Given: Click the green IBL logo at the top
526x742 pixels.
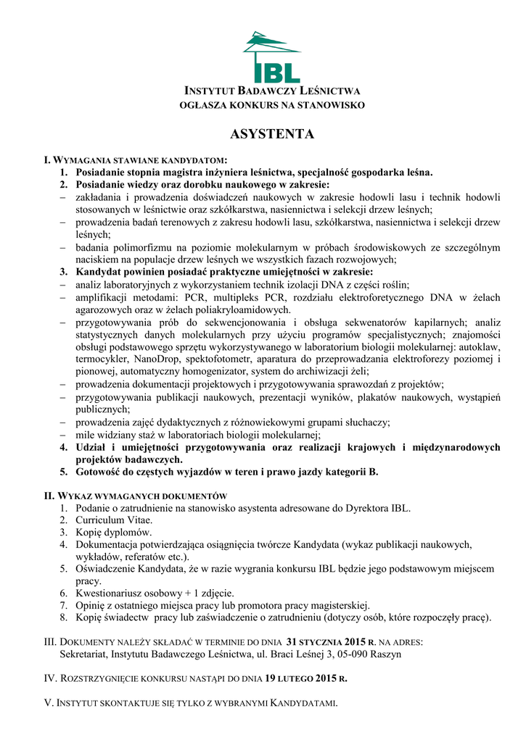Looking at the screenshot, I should click(x=271, y=57).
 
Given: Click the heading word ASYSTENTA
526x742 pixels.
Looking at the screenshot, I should click(x=272, y=134).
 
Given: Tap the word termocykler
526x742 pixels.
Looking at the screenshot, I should click(x=102, y=359).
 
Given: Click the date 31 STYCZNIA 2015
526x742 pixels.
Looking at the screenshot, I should click(x=326, y=642).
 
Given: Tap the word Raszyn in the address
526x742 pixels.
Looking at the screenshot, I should click(x=385, y=654).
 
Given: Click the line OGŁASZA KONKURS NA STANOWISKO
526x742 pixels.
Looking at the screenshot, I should click(x=272, y=106).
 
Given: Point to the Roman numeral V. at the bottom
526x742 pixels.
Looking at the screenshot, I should click(x=49, y=704).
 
